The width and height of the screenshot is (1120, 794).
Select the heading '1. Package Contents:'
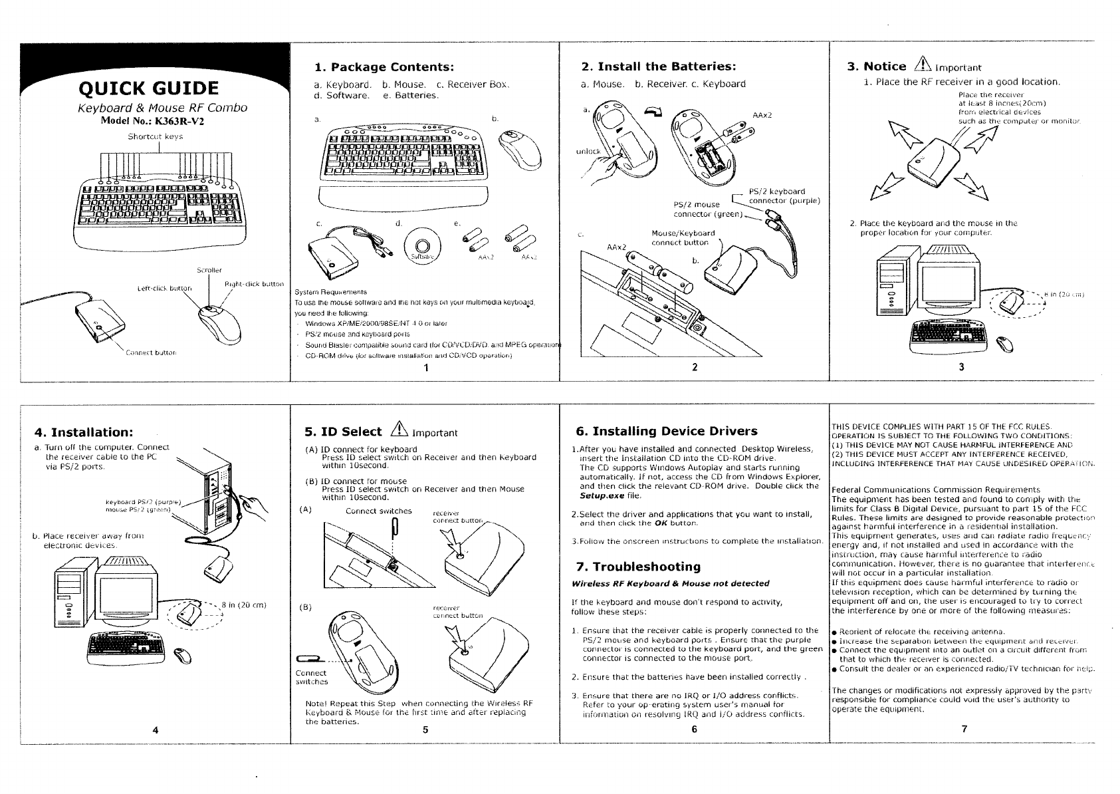(384, 66)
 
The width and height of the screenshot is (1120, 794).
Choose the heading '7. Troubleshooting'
(638, 567)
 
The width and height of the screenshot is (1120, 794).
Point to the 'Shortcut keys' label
(155, 137)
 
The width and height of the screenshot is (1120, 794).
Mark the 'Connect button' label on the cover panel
(151, 352)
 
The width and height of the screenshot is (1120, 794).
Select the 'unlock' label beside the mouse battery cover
(588, 152)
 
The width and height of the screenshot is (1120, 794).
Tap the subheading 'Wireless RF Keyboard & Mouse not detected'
(670, 583)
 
